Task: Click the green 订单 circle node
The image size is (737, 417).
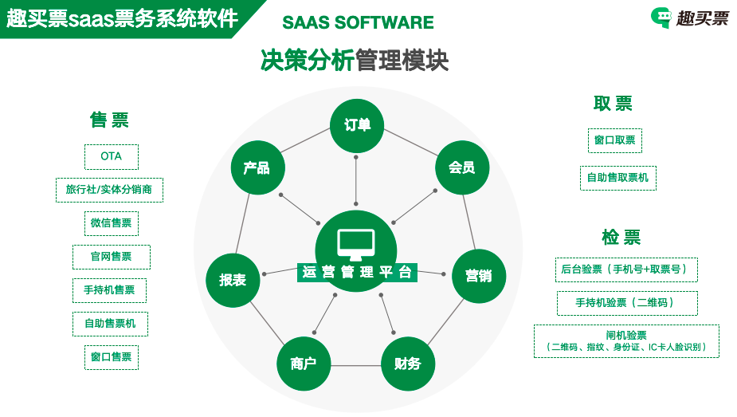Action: pos(357,125)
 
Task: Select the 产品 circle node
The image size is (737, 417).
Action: pos(257,167)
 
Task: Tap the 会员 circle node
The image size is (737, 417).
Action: pos(461,167)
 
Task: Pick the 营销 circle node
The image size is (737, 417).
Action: pos(478,276)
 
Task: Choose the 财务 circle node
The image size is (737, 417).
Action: pos(407,364)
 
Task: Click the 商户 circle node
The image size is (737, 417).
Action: pos(303,364)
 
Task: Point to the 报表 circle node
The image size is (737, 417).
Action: pos(233,279)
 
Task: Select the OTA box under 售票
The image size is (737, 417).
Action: pos(112,156)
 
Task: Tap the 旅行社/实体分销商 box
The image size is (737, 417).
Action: pos(110,190)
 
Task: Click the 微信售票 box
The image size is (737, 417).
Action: pos(111,223)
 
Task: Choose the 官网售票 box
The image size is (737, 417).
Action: pos(111,257)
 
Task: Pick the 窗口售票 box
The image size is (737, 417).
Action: pos(111,357)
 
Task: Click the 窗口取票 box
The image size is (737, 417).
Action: pos(615,140)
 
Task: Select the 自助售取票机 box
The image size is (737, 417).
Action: pos(617,178)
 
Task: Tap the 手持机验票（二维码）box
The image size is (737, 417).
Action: pos(626,303)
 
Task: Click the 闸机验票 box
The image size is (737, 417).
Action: pos(626,341)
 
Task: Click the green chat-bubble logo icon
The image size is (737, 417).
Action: pos(661,18)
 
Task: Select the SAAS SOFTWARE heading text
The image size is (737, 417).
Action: pos(358,22)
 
